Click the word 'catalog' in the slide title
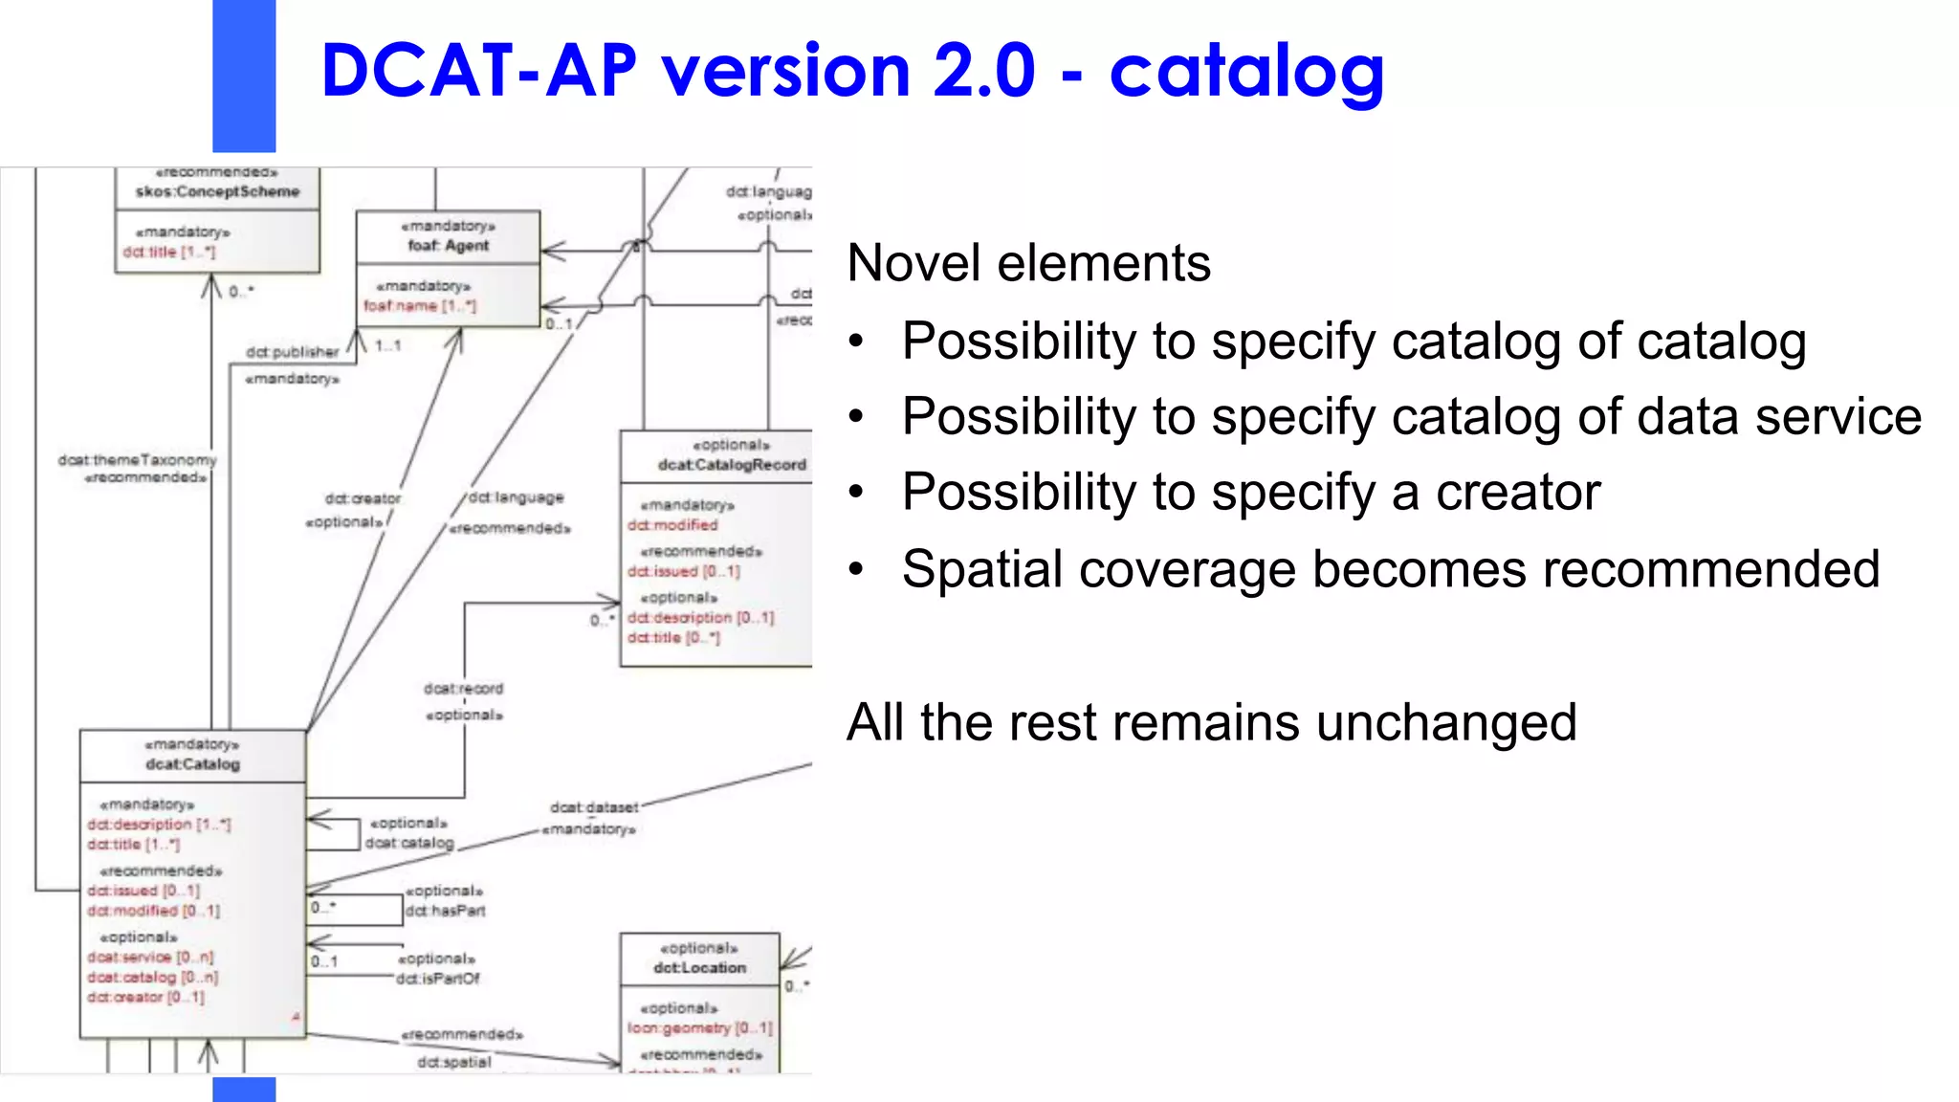(x=1245, y=73)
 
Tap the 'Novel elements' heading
(x=1028, y=263)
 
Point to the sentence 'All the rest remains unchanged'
(x=1211, y=722)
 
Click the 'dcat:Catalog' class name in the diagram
(x=192, y=764)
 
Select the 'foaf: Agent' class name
(x=448, y=246)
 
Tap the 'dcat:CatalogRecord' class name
(x=732, y=465)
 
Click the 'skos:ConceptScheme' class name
(x=217, y=192)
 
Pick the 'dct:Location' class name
(x=699, y=968)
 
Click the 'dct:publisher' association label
(x=292, y=352)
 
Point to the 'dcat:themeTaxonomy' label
(x=137, y=460)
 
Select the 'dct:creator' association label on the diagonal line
(x=363, y=498)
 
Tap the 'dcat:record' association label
(x=463, y=689)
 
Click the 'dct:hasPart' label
(x=445, y=911)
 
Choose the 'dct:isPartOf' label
(x=437, y=979)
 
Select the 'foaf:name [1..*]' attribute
(x=419, y=306)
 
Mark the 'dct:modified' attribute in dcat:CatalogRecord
(x=671, y=525)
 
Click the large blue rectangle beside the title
(x=244, y=77)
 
